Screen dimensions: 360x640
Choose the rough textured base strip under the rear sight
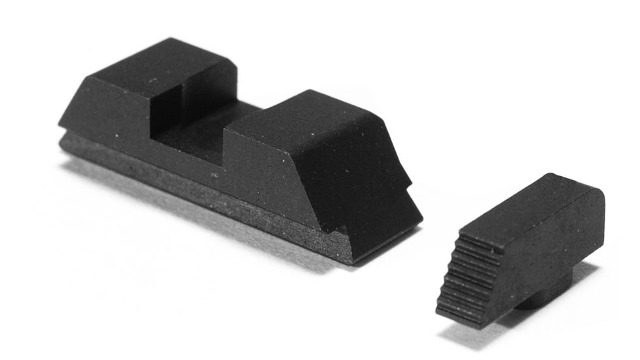pos(196,196)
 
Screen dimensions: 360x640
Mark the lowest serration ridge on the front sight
pos(458,310)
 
